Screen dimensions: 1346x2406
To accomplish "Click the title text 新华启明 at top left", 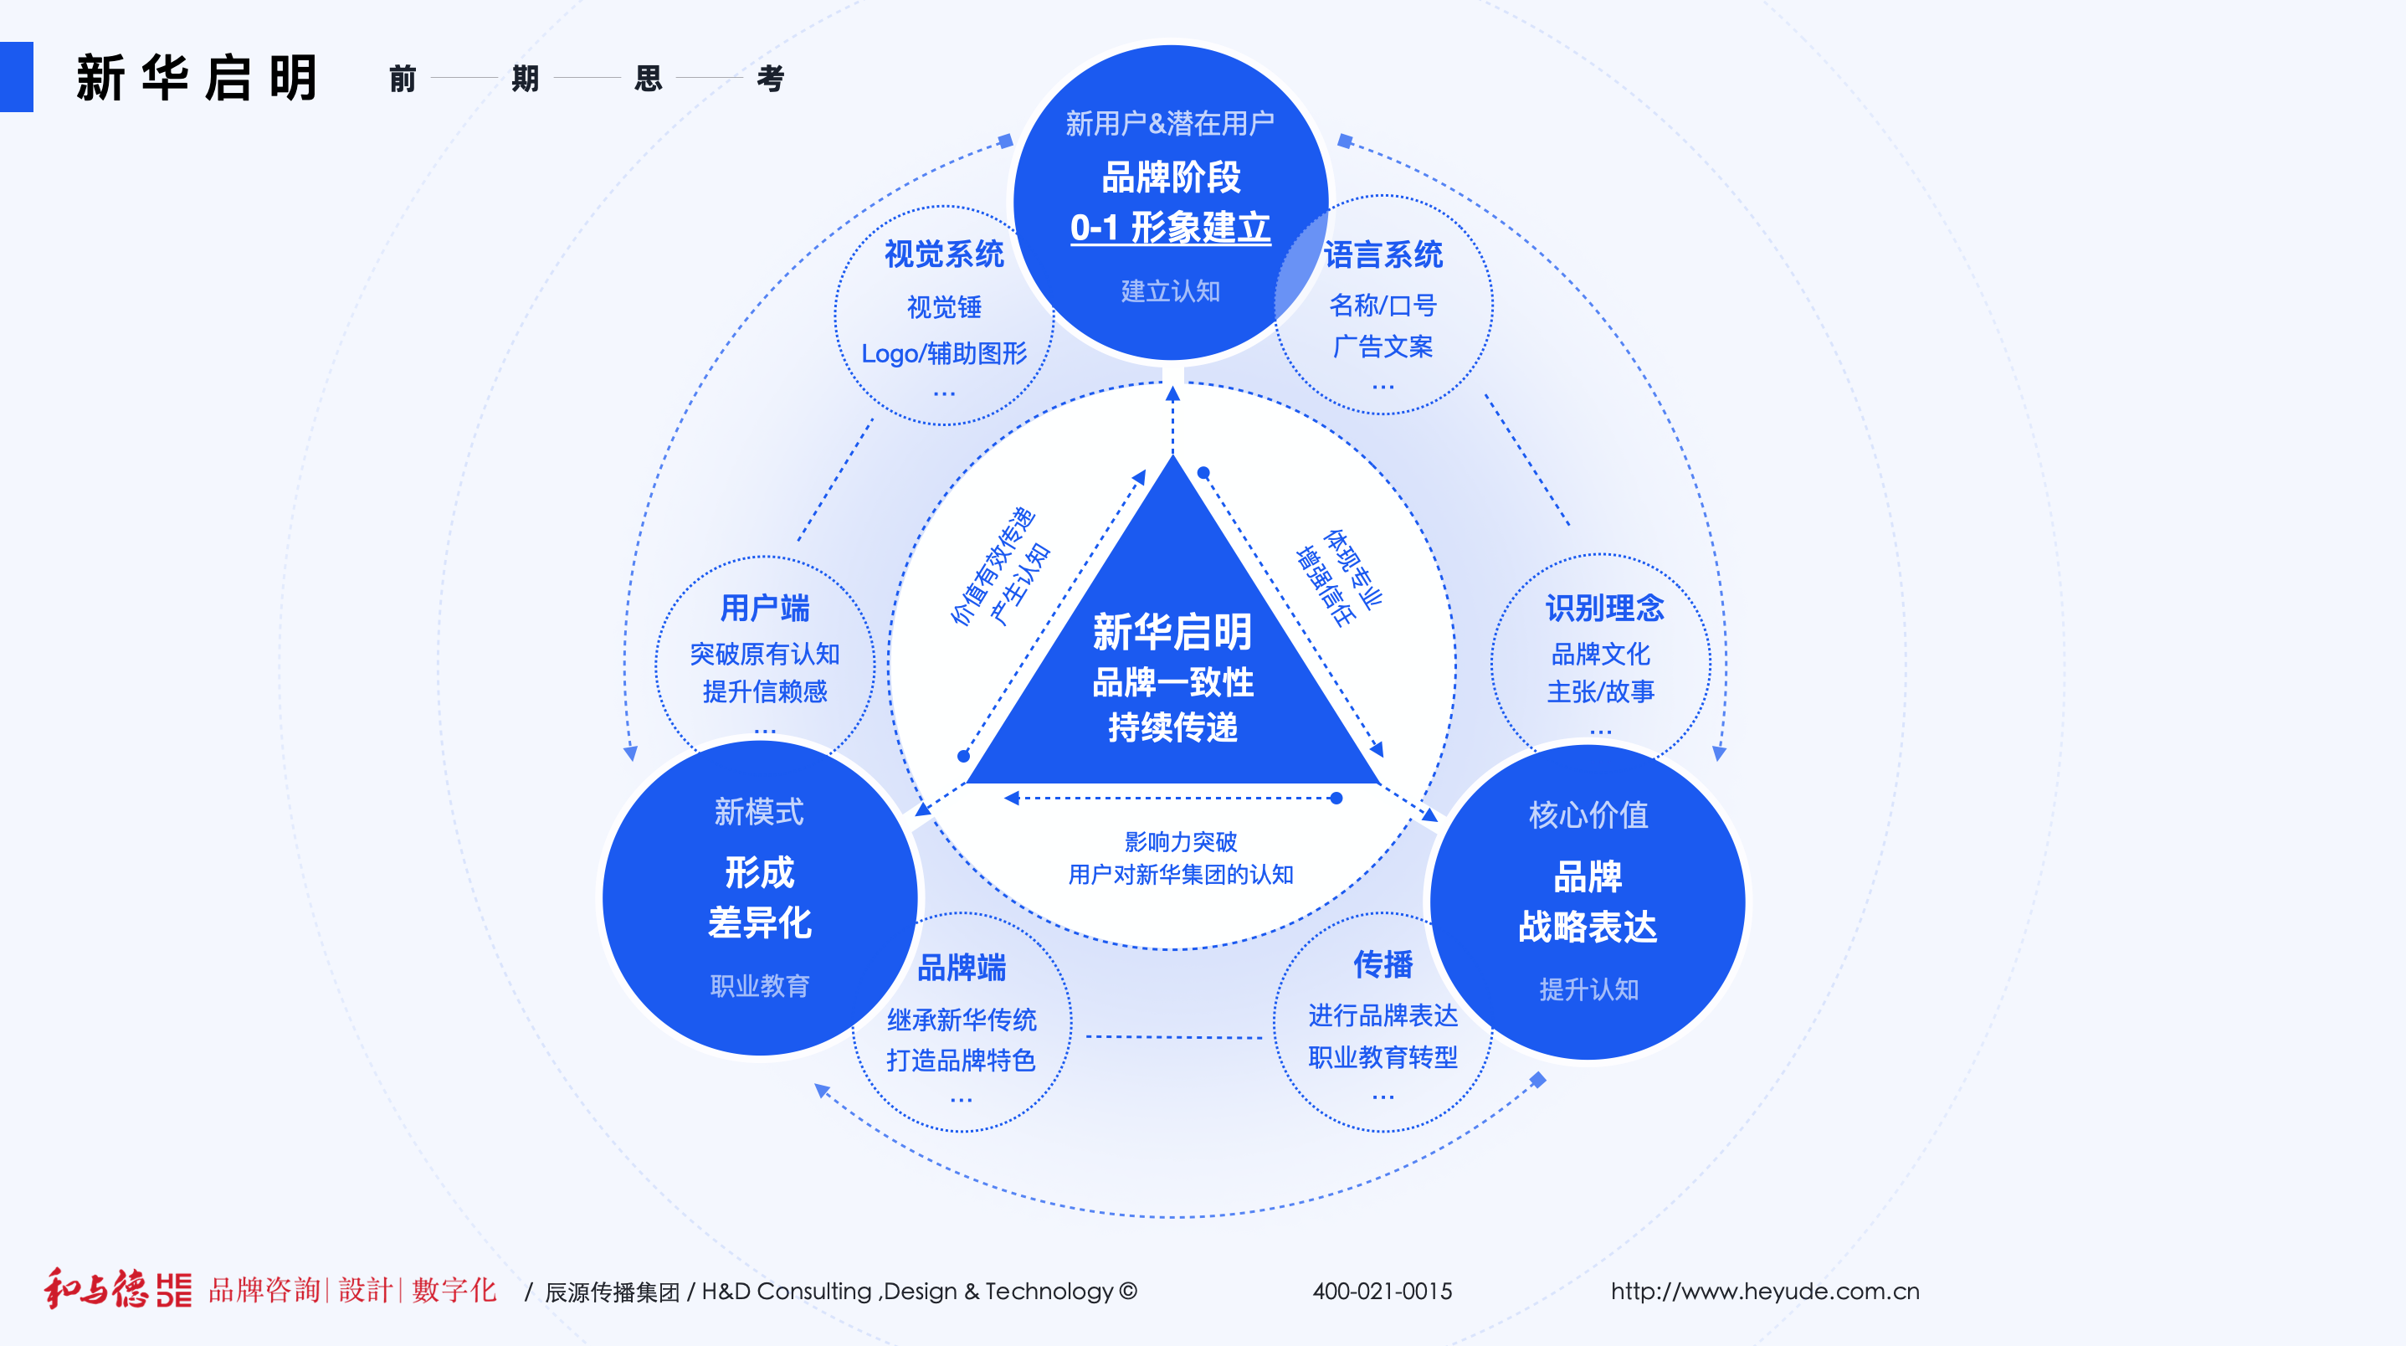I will click(x=196, y=78).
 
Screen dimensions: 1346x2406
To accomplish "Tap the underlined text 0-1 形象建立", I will click(x=1170, y=228).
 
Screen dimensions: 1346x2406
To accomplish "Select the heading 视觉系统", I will click(x=943, y=254).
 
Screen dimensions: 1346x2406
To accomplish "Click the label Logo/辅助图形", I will click(x=943, y=353).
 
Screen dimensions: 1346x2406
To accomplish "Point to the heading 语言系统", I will click(x=1383, y=255).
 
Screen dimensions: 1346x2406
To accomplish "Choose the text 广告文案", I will click(x=1383, y=347).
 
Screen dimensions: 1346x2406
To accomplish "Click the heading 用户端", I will click(x=764, y=608).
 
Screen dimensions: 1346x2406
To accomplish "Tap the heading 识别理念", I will click(x=1603, y=608).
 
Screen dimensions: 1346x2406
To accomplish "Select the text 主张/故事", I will click(x=1600, y=691).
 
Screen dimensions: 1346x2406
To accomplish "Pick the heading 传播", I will click(x=1383, y=964).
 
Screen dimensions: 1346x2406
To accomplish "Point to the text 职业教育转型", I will click(x=1383, y=1057).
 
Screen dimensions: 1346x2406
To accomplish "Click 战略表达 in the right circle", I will click(x=1587, y=927).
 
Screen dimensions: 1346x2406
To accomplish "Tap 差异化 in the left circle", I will click(x=759, y=923).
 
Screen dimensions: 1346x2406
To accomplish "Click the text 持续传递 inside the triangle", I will click(x=1172, y=727).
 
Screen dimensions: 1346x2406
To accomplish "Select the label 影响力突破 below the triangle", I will click(x=1181, y=841).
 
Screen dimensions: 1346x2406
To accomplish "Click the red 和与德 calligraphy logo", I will click(x=95, y=1289).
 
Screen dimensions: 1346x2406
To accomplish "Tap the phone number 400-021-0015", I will click(x=1383, y=1291).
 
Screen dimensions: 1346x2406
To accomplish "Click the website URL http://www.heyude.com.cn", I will click(x=1764, y=1291).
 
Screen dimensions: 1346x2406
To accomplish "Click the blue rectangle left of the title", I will click(x=16, y=77).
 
